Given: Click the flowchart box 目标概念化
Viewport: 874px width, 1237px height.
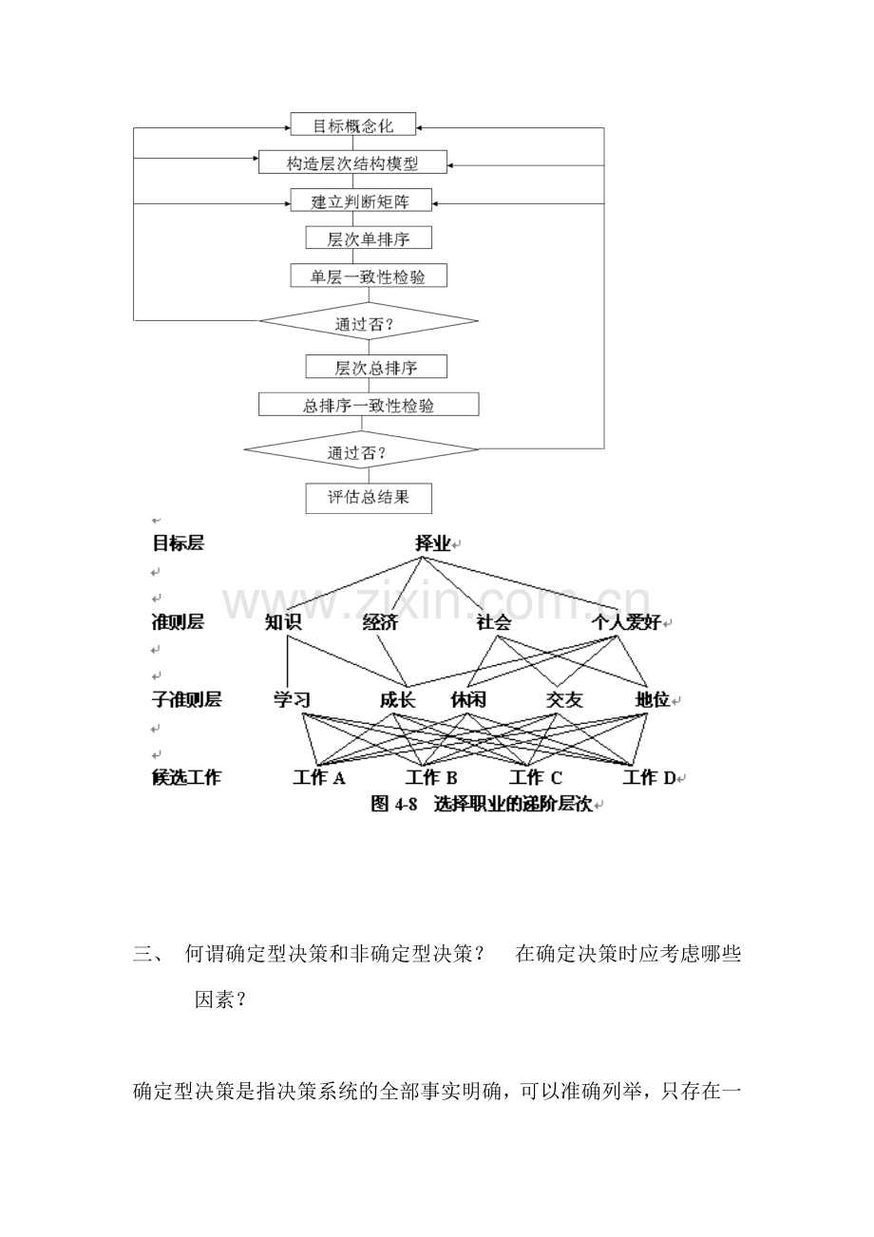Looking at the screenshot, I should pyautogui.click(x=352, y=125).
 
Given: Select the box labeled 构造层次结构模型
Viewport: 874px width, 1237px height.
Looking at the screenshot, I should pyautogui.click(x=352, y=162).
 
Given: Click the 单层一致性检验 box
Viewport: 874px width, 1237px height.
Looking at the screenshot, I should pyautogui.click(x=368, y=276).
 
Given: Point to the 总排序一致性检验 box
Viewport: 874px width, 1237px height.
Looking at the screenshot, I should pyautogui.click(x=369, y=405).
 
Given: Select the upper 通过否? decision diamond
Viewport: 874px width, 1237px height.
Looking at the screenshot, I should pyautogui.click(x=369, y=322).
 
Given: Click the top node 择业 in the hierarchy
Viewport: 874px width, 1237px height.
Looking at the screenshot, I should pyautogui.click(x=433, y=543).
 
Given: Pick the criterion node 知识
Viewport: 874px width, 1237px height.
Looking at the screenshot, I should pyautogui.click(x=283, y=623).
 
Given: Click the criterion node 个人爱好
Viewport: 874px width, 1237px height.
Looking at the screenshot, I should pyautogui.click(x=626, y=623).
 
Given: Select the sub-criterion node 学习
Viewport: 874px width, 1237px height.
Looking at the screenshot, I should pyautogui.click(x=292, y=700).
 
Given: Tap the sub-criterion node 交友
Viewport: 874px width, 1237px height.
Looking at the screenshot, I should pyautogui.click(x=564, y=700).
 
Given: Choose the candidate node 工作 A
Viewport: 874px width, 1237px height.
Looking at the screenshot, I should pyautogui.click(x=319, y=778).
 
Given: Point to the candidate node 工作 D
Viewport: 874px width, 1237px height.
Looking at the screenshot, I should pyautogui.click(x=649, y=778).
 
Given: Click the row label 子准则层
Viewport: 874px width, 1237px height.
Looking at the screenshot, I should pyautogui.click(x=186, y=700).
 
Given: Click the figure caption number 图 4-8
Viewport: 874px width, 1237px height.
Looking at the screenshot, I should pyautogui.click(x=394, y=804).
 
